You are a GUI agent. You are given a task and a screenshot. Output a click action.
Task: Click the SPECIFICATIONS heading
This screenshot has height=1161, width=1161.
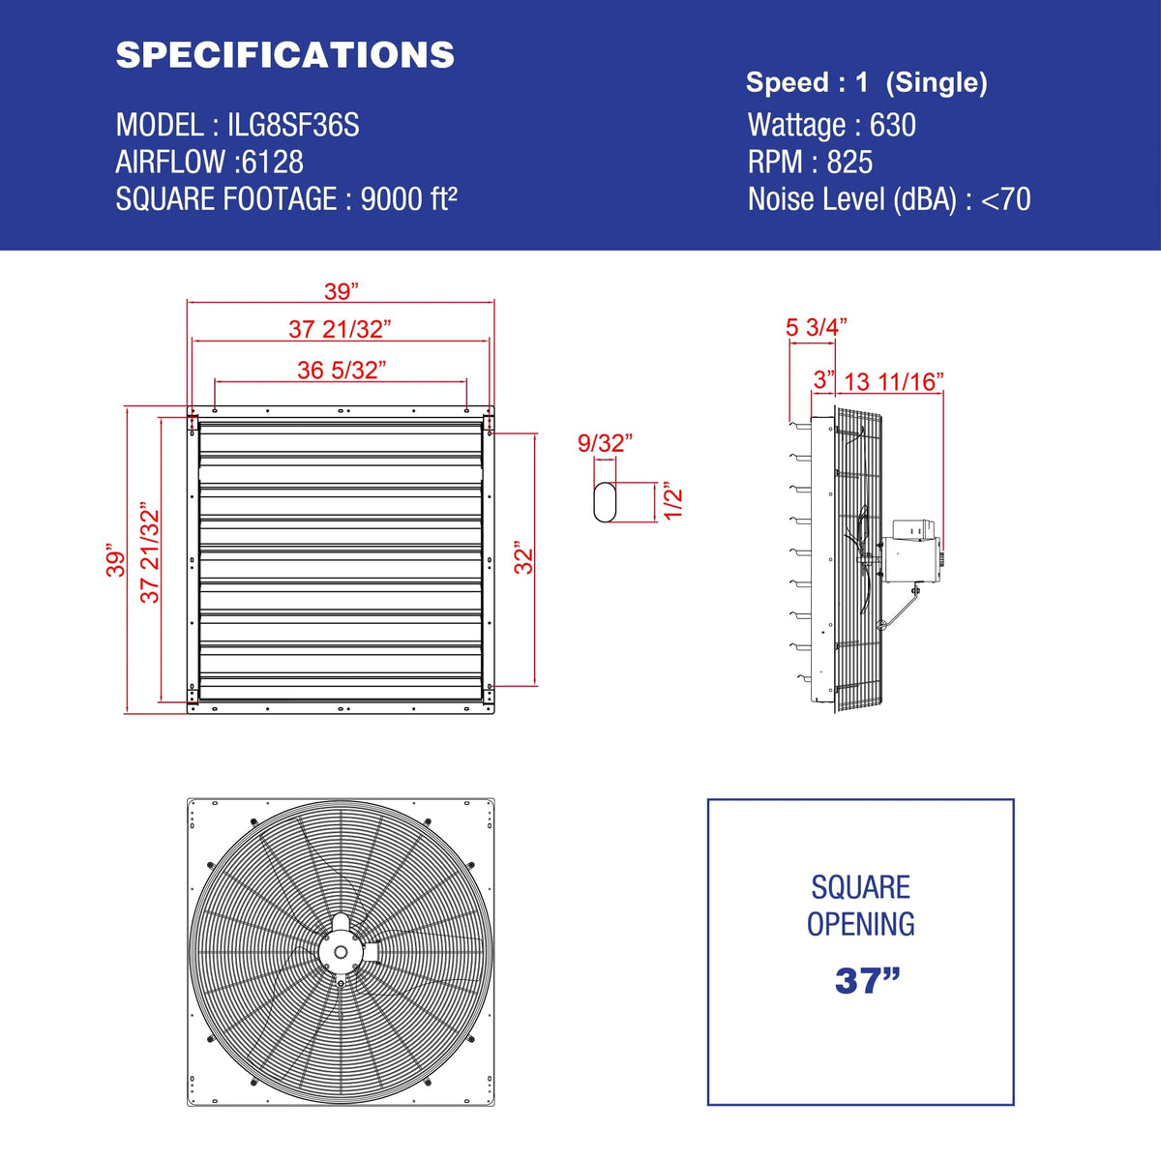[x=285, y=55]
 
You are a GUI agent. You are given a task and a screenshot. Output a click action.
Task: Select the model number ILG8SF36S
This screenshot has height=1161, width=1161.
[x=293, y=126]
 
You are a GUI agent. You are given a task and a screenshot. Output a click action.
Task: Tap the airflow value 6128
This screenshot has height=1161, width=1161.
[x=272, y=163]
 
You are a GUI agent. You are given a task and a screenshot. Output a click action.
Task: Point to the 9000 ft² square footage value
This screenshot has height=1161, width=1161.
[x=409, y=199]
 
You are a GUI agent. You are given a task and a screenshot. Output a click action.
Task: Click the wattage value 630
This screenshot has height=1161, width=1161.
[x=892, y=126]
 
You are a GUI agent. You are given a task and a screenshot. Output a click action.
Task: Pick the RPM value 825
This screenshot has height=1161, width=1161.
[x=849, y=163]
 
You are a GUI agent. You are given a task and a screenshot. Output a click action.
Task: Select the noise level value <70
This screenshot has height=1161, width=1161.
[x=1006, y=199]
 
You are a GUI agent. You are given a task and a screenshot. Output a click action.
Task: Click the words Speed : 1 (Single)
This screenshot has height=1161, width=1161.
[x=867, y=82]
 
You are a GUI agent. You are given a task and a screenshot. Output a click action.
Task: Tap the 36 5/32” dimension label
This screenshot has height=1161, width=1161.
[x=342, y=370]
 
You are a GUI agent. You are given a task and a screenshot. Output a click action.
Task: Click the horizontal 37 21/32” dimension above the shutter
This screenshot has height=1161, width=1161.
[x=340, y=329]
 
